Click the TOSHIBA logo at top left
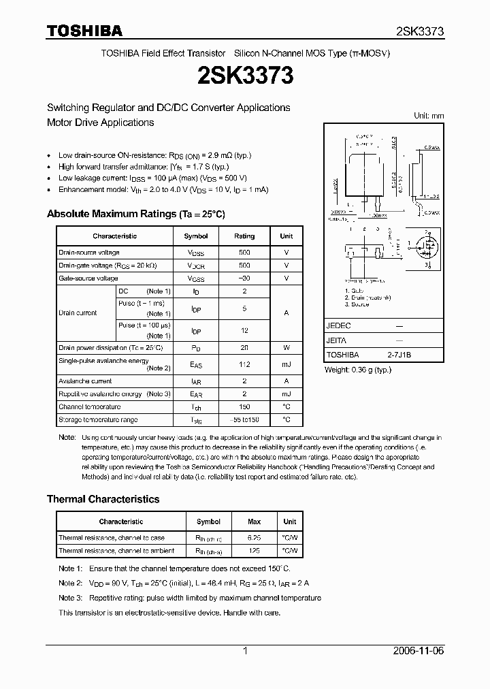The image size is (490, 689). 84,31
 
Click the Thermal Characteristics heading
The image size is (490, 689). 103,499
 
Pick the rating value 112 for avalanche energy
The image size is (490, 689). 244,364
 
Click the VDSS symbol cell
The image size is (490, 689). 196,253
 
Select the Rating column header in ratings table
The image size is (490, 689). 244,236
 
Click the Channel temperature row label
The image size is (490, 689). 85,406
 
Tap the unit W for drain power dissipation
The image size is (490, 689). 287,347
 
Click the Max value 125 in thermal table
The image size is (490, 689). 254,551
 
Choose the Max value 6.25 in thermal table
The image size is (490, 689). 254,538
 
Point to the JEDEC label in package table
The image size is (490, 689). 339,326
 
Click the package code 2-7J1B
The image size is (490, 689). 399,355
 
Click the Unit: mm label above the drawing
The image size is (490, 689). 429,116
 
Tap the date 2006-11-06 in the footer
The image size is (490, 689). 419,651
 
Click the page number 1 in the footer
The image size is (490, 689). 244,651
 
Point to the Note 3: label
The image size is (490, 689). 70,598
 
